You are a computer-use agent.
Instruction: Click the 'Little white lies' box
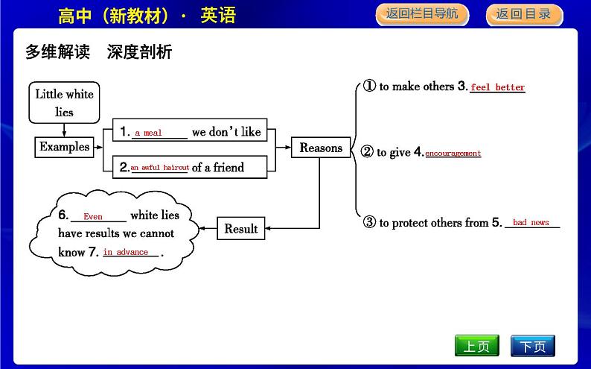tap(64, 103)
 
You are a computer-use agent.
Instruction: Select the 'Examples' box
tap(64, 147)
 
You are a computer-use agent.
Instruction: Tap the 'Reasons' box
tap(321, 148)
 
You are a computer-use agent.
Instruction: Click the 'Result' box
tap(240, 229)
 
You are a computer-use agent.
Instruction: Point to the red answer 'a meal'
tap(148, 133)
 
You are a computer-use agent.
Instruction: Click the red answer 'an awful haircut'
tap(159, 168)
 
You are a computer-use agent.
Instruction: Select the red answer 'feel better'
tap(497, 88)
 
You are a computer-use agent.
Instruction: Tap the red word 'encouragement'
tap(453, 154)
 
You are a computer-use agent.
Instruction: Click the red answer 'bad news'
tap(531, 223)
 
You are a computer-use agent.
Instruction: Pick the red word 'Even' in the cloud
tap(93, 217)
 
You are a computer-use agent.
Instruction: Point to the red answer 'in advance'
tap(126, 253)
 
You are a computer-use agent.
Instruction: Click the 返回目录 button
tap(523, 14)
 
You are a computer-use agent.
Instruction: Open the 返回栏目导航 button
tap(421, 14)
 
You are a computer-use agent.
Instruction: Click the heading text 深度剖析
tap(139, 51)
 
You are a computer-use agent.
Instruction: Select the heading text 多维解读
tap(57, 51)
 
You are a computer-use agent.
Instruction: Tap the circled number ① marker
tap(369, 86)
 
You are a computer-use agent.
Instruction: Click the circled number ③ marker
tap(369, 222)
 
